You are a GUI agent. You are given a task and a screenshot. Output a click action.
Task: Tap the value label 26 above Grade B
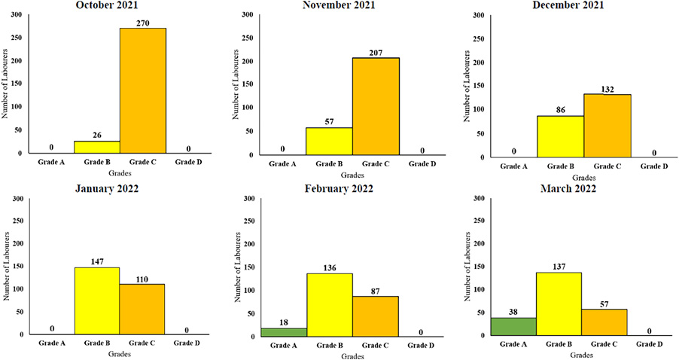[97, 135]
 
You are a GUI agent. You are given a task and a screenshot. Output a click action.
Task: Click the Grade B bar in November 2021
[330, 142]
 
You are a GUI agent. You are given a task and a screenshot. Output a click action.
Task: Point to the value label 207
[376, 51]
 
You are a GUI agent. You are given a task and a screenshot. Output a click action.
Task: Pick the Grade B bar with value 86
[561, 136]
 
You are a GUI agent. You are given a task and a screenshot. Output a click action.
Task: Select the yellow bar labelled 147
[97, 301]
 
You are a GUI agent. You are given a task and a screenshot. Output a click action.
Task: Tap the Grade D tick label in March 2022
[650, 343]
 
